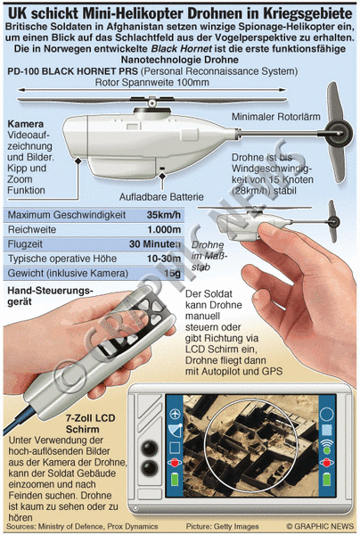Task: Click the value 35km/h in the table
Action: (x=164, y=215)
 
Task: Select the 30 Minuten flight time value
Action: (x=155, y=244)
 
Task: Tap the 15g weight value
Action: (x=172, y=274)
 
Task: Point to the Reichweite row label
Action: (x=32, y=230)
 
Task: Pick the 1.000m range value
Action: (x=164, y=230)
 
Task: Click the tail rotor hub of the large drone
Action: (x=339, y=132)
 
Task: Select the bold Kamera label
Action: (x=26, y=124)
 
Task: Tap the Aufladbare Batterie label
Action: (x=161, y=197)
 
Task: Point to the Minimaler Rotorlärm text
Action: (x=276, y=117)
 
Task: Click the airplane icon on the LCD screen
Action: (x=175, y=414)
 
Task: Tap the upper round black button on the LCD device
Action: (x=150, y=448)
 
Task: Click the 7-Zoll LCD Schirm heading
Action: (x=91, y=424)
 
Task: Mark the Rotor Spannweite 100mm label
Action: (x=152, y=82)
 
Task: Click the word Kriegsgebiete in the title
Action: (x=307, y=13)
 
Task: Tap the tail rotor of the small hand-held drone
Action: (x=332, y=221)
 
